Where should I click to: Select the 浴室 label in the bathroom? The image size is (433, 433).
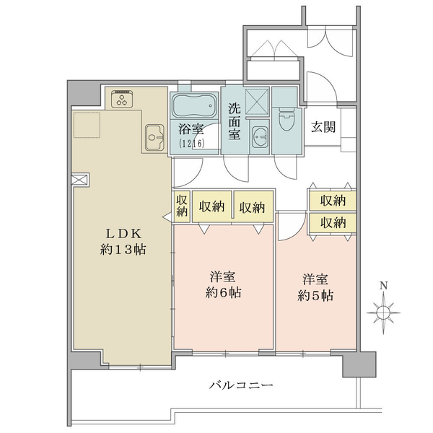[192, 131]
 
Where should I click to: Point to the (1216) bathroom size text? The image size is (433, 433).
[192, 144]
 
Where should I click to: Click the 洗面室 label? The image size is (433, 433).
[235, 121]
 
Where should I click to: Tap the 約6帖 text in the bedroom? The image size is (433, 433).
[222, 292]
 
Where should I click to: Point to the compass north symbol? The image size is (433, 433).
[383, 312]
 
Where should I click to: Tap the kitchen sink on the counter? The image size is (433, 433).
[154, 136]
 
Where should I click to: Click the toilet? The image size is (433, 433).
[285, 118]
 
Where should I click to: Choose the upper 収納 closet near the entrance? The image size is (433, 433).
[333, 200]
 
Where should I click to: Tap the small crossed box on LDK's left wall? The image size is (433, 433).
[79, 180]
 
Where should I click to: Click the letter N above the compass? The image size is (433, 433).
[383, 286]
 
